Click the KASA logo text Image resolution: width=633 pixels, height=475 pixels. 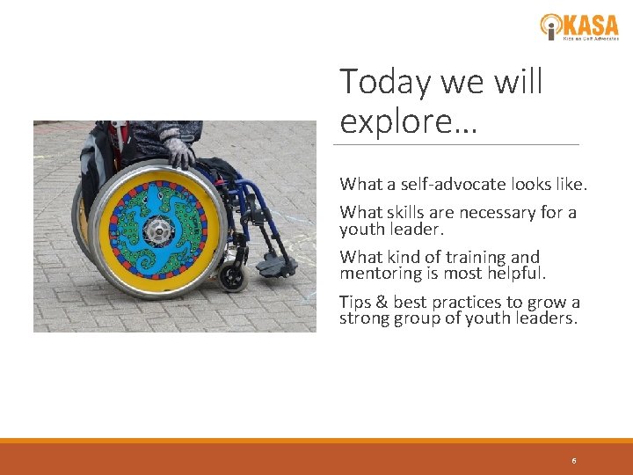[x=593, y=23]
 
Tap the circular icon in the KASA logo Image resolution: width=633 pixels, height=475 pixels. [x=551, y=26]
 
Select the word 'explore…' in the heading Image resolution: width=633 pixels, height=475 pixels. [x=408, y=121]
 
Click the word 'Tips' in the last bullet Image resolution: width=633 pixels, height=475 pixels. [x=355, y=302]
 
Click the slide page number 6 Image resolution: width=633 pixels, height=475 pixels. [x=574, y=461]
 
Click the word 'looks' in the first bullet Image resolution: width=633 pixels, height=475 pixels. [x=520, y=185]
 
